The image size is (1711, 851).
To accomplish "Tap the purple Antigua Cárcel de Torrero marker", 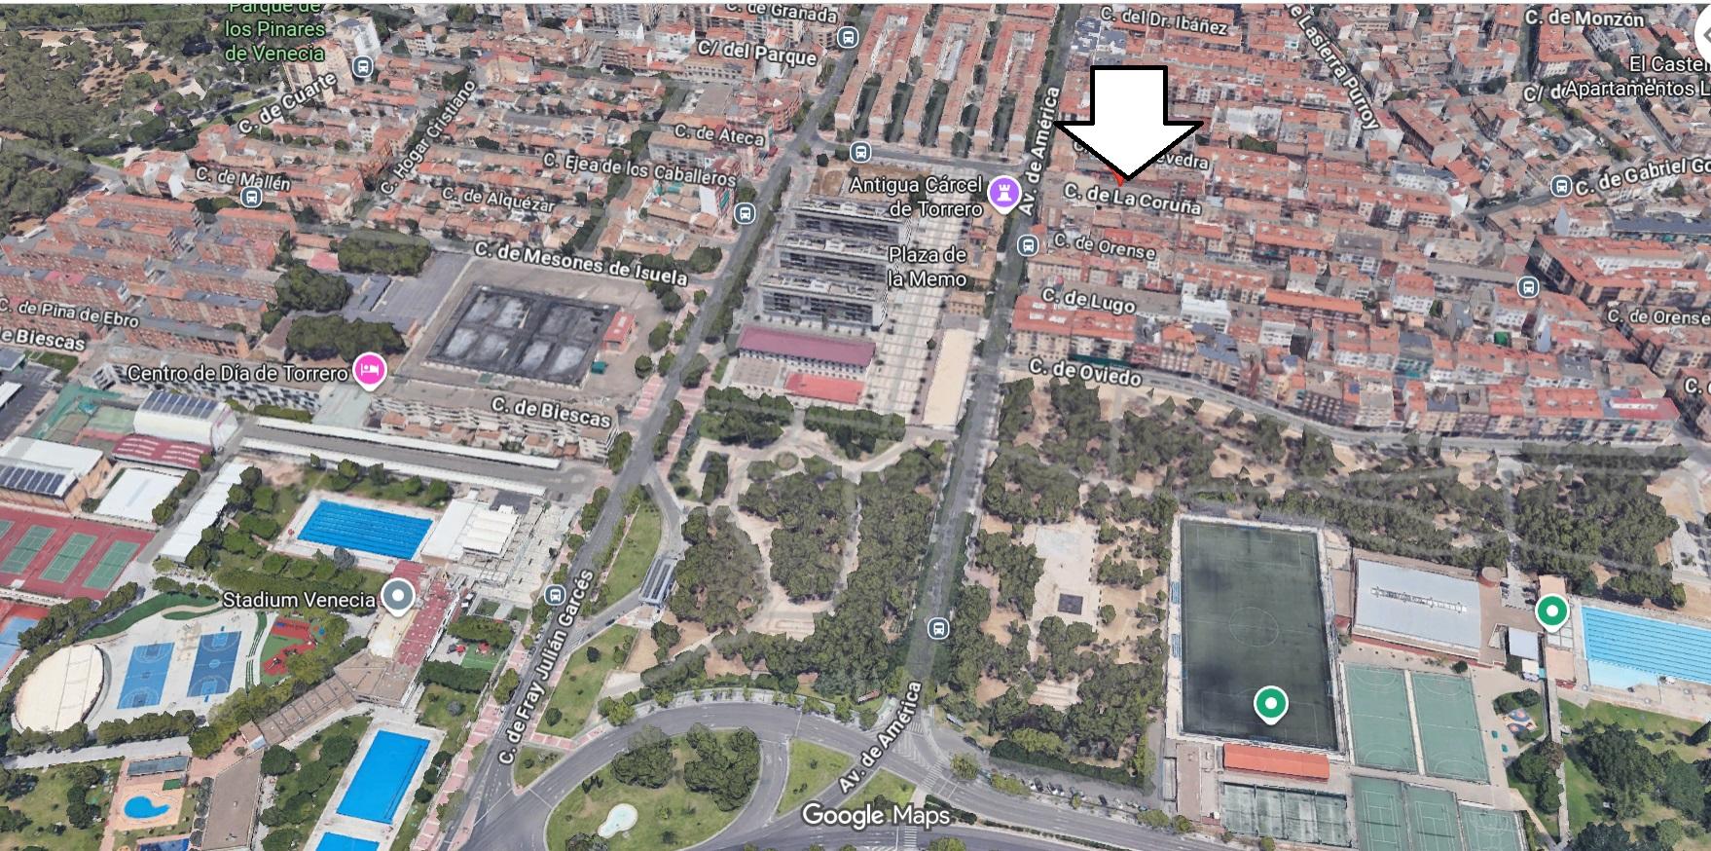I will point(1002,193).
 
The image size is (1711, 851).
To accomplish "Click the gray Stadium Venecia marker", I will point(397,596).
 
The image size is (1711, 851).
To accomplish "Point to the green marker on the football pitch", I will point(1269,703).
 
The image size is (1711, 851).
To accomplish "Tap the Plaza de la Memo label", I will point(927,267).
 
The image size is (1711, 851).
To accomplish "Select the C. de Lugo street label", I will point(1088,301).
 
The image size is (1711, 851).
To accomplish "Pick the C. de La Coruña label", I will point(1132,199).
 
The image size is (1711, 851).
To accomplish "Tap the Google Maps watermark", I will point(875,816).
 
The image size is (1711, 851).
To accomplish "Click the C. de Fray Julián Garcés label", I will point(545,668).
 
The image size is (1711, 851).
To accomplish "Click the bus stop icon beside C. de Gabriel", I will point(1560,186).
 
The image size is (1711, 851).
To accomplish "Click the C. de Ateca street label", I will point(719,134).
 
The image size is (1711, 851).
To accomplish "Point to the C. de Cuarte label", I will point(286,103).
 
